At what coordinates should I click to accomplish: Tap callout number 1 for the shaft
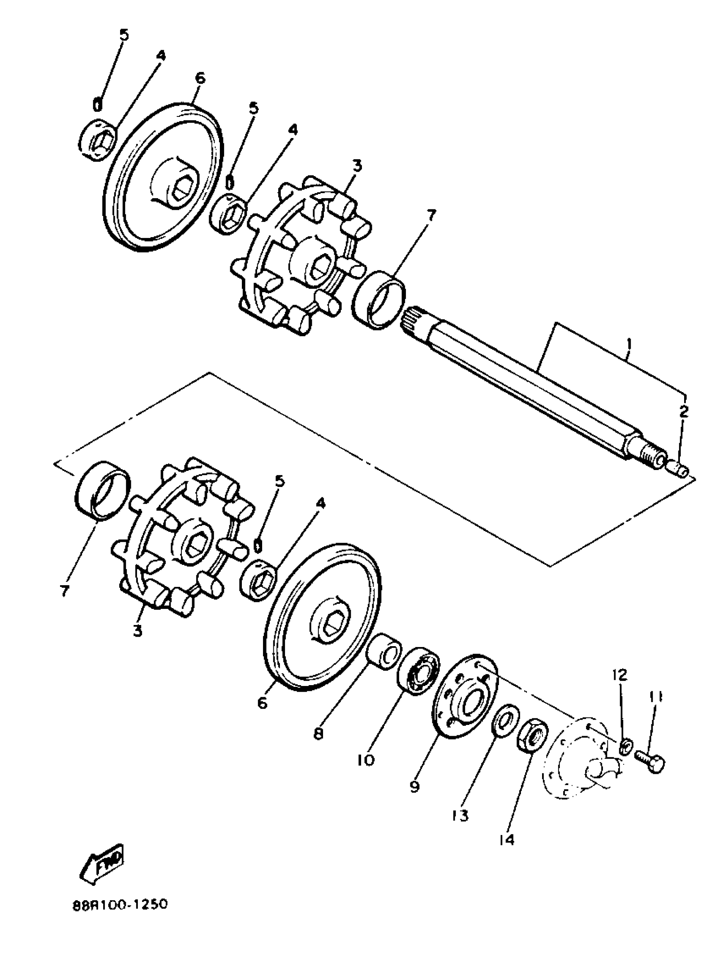[629, 344]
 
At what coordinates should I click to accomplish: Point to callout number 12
[620, 675]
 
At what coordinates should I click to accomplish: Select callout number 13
[460, 815]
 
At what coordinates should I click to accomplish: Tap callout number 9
[414, 786]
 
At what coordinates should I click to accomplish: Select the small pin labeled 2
[679, 469]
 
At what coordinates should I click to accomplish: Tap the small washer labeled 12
[626, 746]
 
